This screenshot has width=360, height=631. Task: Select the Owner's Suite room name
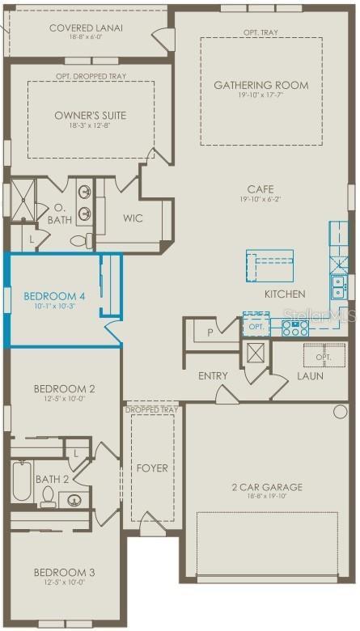pos(90,116)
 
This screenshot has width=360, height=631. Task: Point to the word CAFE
pos(260,189)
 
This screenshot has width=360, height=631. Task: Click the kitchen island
pos(269,264)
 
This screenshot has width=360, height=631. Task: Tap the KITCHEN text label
pos(285,294)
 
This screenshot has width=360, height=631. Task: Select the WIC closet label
pos(133,218)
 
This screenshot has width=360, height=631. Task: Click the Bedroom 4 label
pos(49,295)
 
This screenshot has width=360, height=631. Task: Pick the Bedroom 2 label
pos(64,389)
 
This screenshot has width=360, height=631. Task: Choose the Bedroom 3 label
pos(64,573)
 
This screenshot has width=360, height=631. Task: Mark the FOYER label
pos(151,468)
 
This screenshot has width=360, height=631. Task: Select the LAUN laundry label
pos(311,376)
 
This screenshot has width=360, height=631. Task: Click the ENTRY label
pos(213,376)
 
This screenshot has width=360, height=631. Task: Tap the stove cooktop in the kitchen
pos(294,328)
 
